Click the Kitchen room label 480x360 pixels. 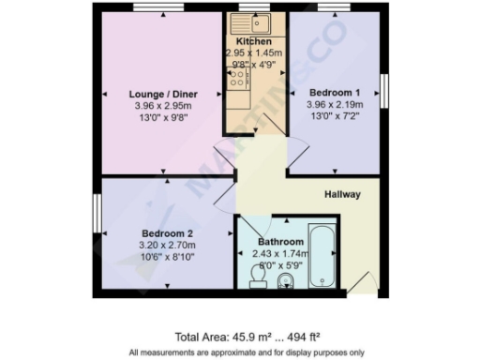point(254,42)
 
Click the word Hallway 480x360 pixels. point(342,195)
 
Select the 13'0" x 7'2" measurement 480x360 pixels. point(335,117)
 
